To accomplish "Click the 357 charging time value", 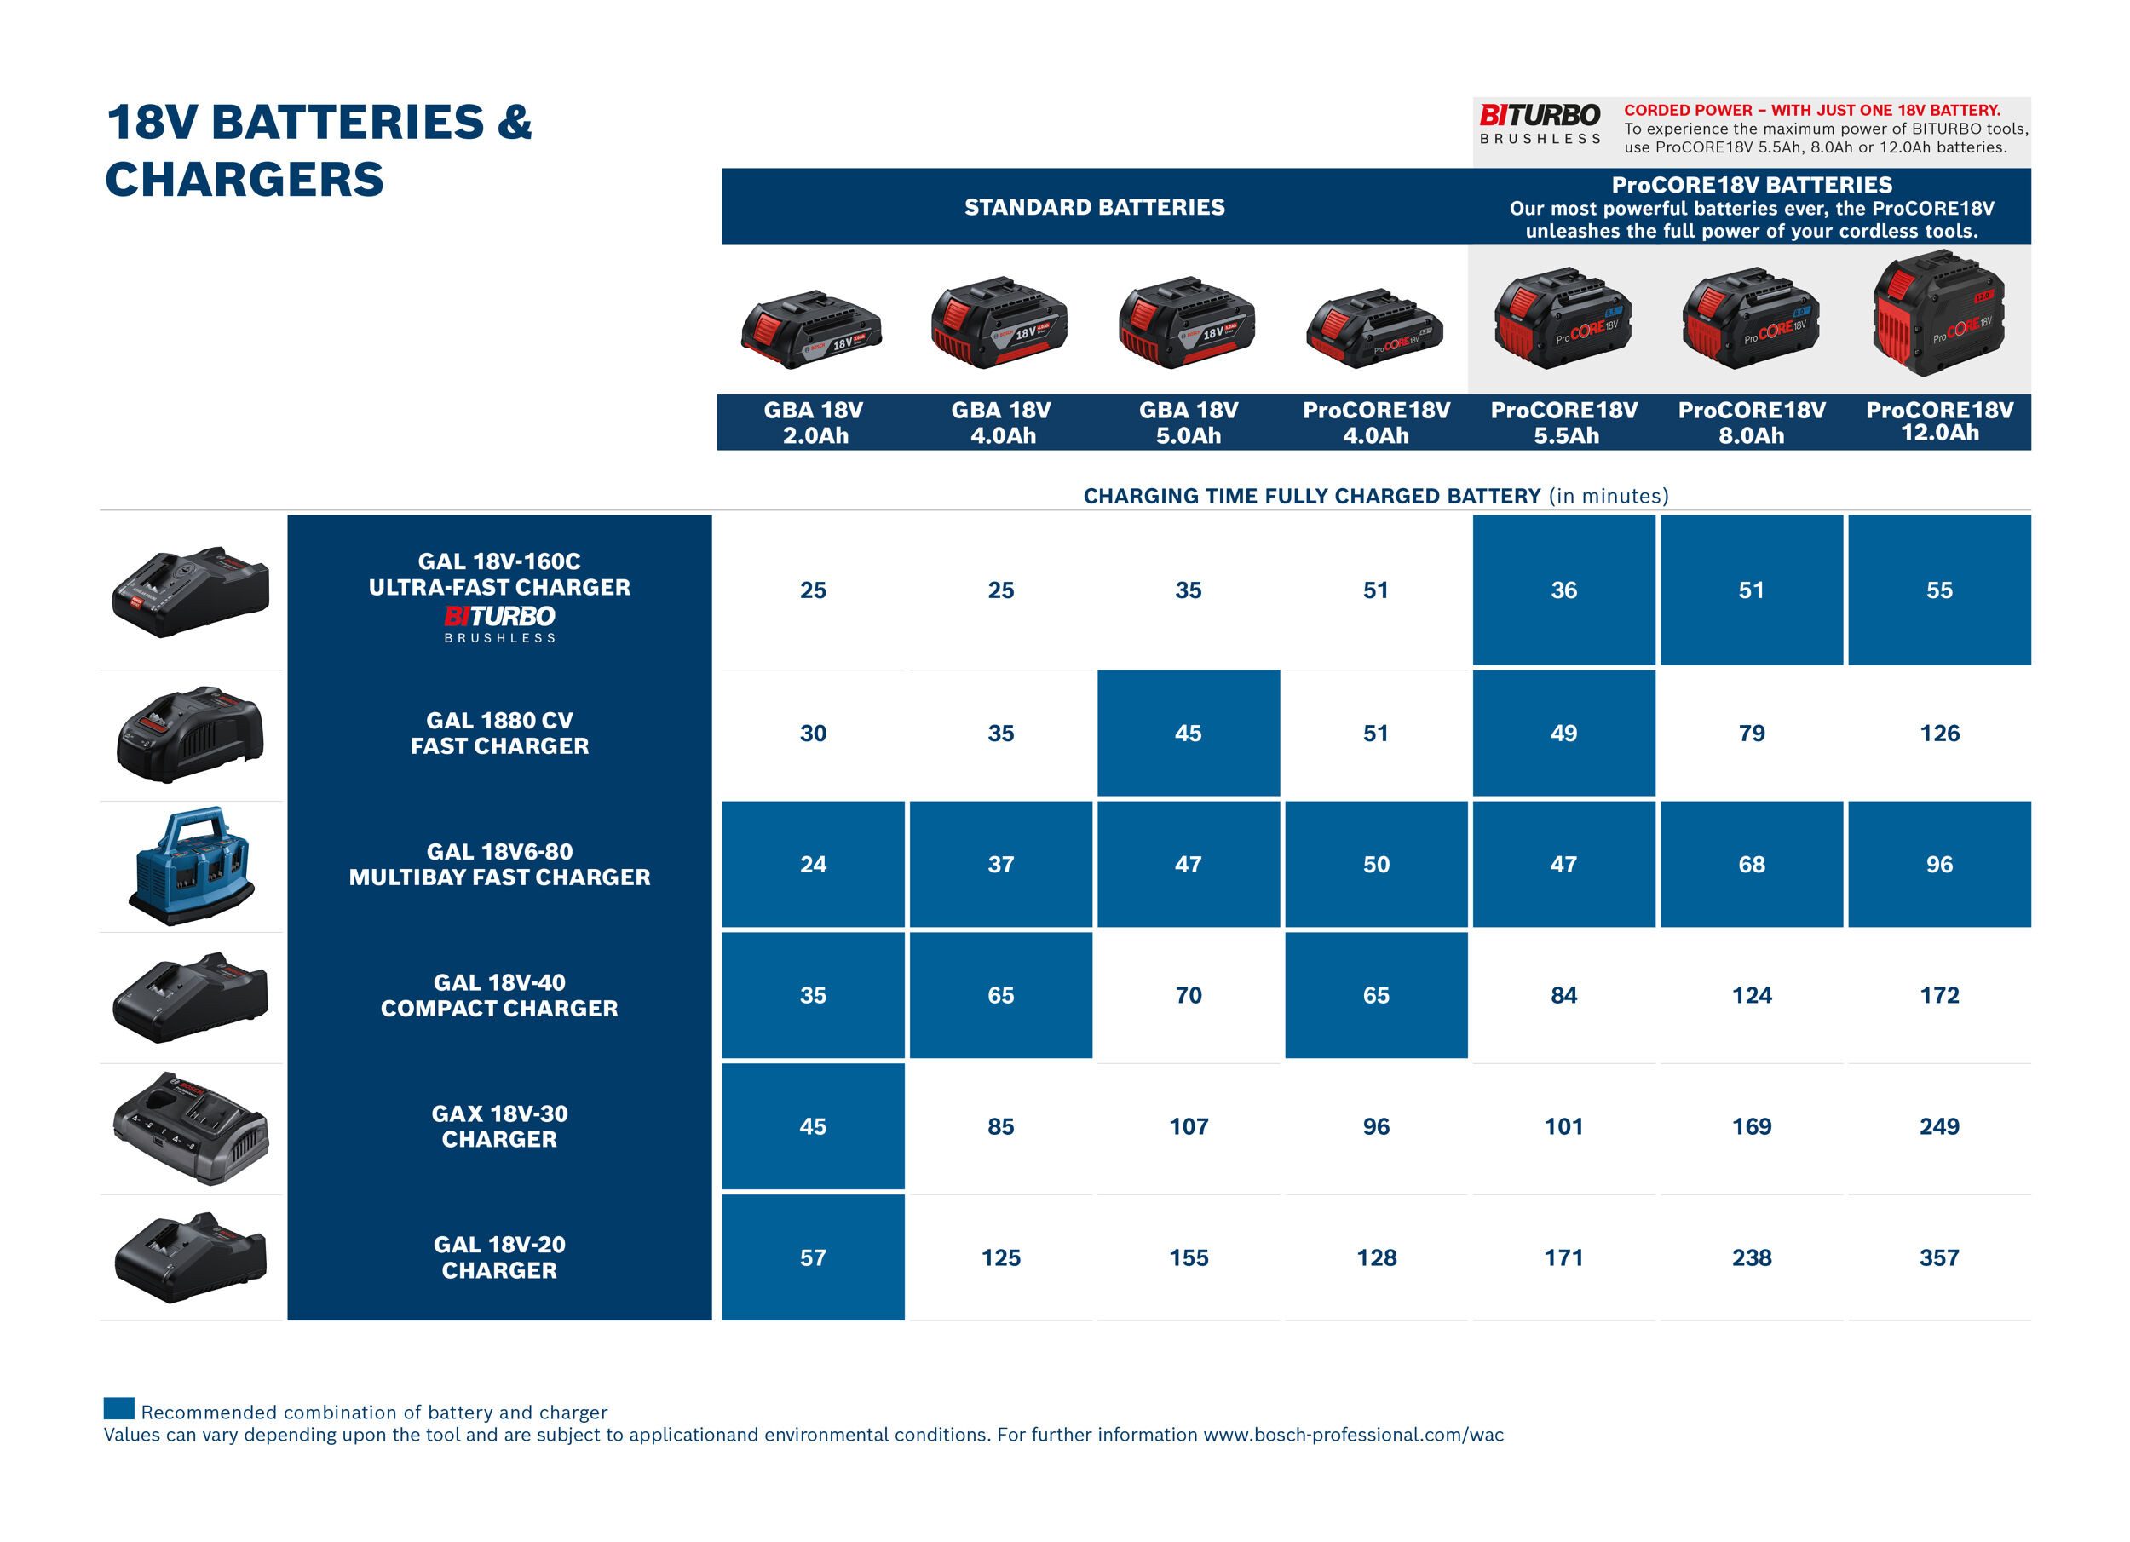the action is point(1938,1257).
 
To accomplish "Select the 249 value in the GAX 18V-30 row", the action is point(1938,1126).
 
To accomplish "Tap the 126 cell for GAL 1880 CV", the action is point(1938,733).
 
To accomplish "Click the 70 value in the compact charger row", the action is point(1188,994).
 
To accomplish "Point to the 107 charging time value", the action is point(1188,1126).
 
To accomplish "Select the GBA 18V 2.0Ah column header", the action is point(814,423).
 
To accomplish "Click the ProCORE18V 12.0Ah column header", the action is point(1939,422).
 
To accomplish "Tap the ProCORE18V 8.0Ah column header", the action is point(1752,423).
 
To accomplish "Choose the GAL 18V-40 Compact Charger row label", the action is point(499,995).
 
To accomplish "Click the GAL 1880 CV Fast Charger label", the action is point(499,734).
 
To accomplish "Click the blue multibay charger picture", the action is point(191,866).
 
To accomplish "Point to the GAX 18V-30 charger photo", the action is point(191,1128).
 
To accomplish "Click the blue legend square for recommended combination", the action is point(118,1407).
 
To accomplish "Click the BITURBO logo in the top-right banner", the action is point(1540,123).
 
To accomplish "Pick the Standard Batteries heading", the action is point(1094,207).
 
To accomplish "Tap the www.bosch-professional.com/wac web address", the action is point(1353,1435).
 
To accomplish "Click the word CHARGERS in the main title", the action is point(245,180).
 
